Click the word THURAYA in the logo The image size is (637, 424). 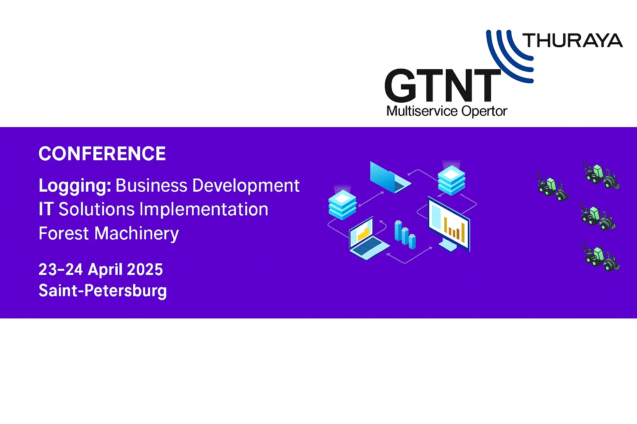[x=572, y=40]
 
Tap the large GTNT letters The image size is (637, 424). [x=442, y=85]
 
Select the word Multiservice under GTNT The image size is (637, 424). [x=422, y=111]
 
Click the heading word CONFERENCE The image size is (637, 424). [x=102, y=154]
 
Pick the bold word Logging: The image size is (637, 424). [x=75, y=186]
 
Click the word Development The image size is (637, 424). [x=246, y=185]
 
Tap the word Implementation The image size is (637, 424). [x=204, y=209]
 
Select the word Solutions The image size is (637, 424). [x=96, y=209]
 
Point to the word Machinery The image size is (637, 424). [x=136, y=234]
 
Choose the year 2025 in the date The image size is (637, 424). [x=145, y=269]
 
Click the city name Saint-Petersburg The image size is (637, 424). [x=103, y=291]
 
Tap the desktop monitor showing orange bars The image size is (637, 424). [x=449, y=224]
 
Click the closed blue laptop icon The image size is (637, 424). [x=390, y=177]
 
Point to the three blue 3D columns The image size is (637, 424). [x=405, y=235]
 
